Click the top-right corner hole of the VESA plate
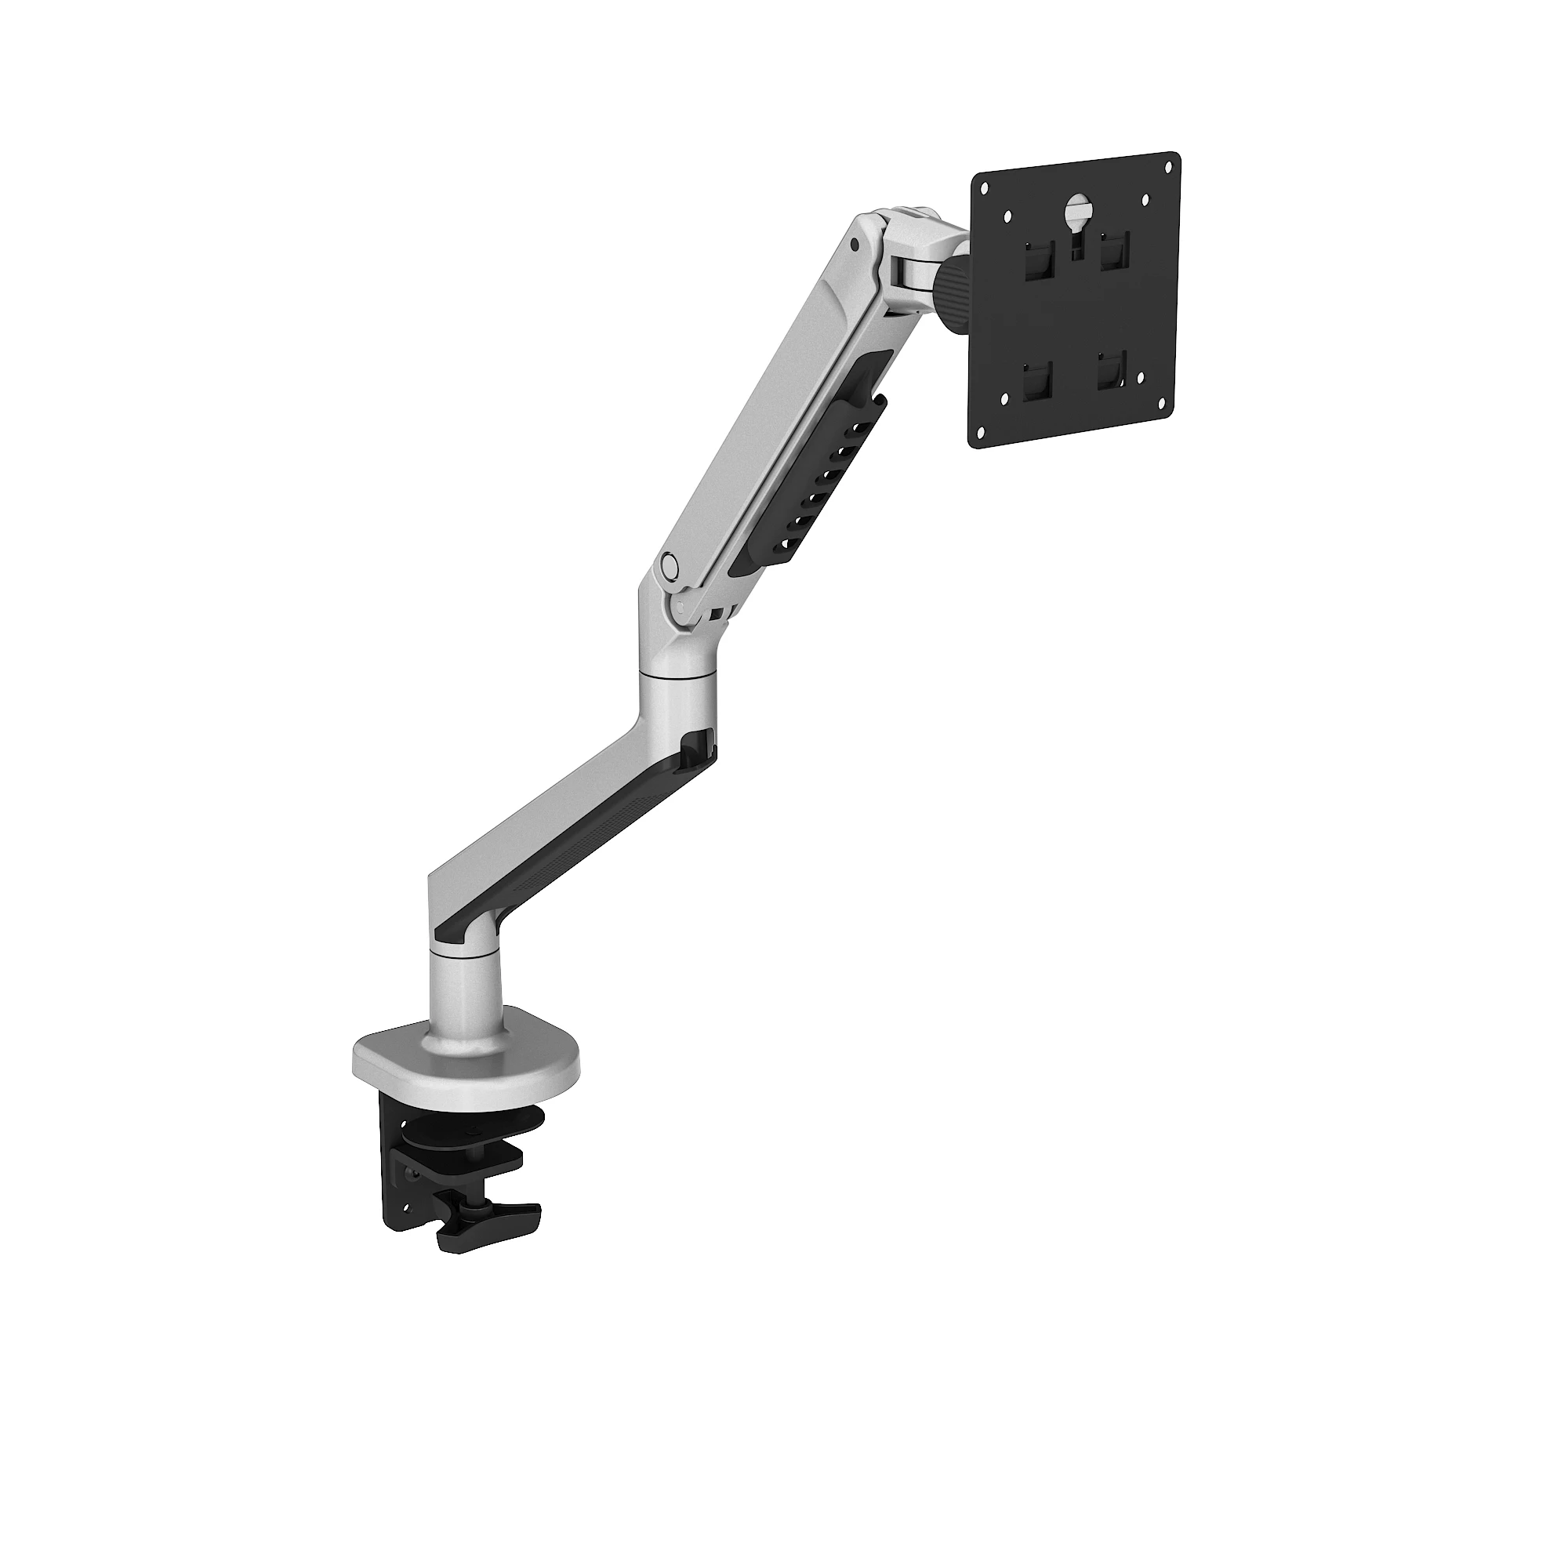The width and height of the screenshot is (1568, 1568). (x=1169, y=168)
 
